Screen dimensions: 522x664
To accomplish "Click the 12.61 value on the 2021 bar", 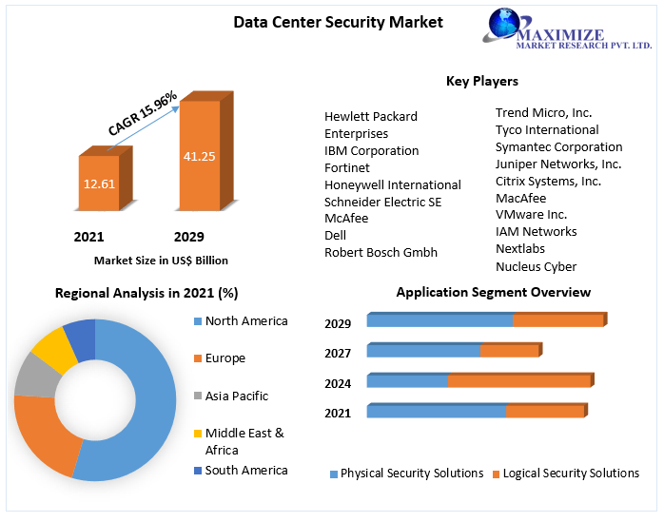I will tap(99, 184).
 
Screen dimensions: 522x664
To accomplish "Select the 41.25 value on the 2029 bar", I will tap(199, 156).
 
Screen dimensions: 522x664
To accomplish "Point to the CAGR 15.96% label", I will tap(143, 113).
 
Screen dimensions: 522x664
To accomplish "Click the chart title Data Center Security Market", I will tap(338, 22).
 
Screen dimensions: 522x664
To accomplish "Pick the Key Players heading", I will tap(481, 81).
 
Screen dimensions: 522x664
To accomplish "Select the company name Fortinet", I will tap(347, 167).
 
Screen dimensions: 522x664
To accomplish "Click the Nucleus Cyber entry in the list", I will tap(536, 266).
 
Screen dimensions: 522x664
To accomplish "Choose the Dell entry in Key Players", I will tap(335, 235).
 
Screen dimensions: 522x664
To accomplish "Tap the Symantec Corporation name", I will tap(558, 146).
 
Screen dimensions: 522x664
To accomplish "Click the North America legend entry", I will tap(245, 321).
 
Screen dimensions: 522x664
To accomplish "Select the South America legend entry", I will tap(245, 470).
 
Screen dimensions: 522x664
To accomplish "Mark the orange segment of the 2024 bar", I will tap(519, 381).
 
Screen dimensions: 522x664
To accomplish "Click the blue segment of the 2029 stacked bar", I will tap(439, 320).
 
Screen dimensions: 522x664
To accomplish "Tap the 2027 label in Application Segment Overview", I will tap(338, 353).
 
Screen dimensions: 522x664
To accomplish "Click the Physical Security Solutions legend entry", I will tap(411, 474).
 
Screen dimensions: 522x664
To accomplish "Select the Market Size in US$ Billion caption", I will tap(161, 261).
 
